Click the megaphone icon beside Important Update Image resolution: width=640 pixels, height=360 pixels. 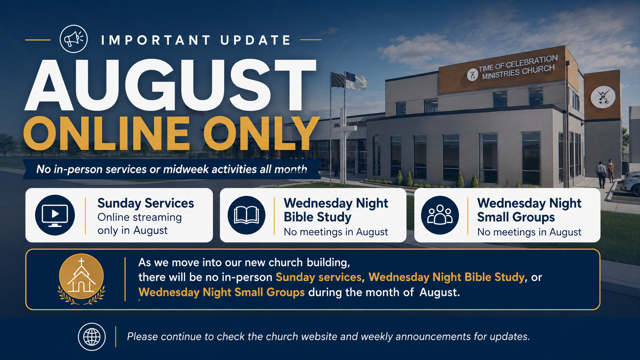[74, 39]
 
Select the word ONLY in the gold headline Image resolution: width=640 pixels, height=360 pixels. [261, 133]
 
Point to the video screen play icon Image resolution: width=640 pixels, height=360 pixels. [55, 215]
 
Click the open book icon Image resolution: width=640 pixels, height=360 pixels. [246, 215]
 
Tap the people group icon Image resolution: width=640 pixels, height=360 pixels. [440, 215]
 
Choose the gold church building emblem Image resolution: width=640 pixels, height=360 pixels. [82, 279]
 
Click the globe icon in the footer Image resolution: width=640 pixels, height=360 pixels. [92, 337]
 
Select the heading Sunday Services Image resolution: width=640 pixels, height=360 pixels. [146, 203]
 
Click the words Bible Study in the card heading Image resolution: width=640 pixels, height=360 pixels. [317, 218]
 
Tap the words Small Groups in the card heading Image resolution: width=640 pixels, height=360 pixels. [516, 218]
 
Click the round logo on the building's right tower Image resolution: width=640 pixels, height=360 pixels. [603, 97]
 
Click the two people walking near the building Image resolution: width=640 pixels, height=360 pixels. [605, 174]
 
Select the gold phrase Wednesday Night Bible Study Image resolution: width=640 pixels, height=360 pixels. [446, 277]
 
